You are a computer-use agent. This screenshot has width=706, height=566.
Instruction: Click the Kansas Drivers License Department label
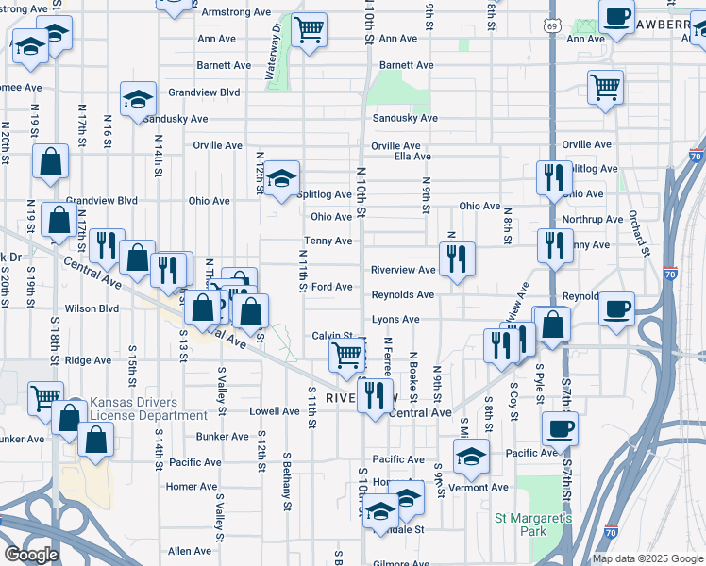click(x=148, y=409)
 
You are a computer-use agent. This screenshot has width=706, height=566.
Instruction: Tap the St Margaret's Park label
click(x=533, y=525)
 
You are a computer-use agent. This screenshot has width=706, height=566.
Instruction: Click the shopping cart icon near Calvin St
click(x=346, y=356)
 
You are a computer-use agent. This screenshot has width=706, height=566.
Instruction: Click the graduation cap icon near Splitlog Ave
click(x=280, y=177)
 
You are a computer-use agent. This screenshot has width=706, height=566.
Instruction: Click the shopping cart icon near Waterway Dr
click(x=309, y=29)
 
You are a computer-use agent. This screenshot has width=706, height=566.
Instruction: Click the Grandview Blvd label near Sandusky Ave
click(x=204, y=92)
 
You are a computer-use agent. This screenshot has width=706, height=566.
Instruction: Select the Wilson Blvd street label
click(x=92, y=308)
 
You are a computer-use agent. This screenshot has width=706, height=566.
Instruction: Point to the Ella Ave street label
click(x=412, y=157)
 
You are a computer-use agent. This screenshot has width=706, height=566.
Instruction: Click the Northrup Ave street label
click(x=591, y=219)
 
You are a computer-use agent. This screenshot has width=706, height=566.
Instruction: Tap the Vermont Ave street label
click(x=479, y=487)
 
